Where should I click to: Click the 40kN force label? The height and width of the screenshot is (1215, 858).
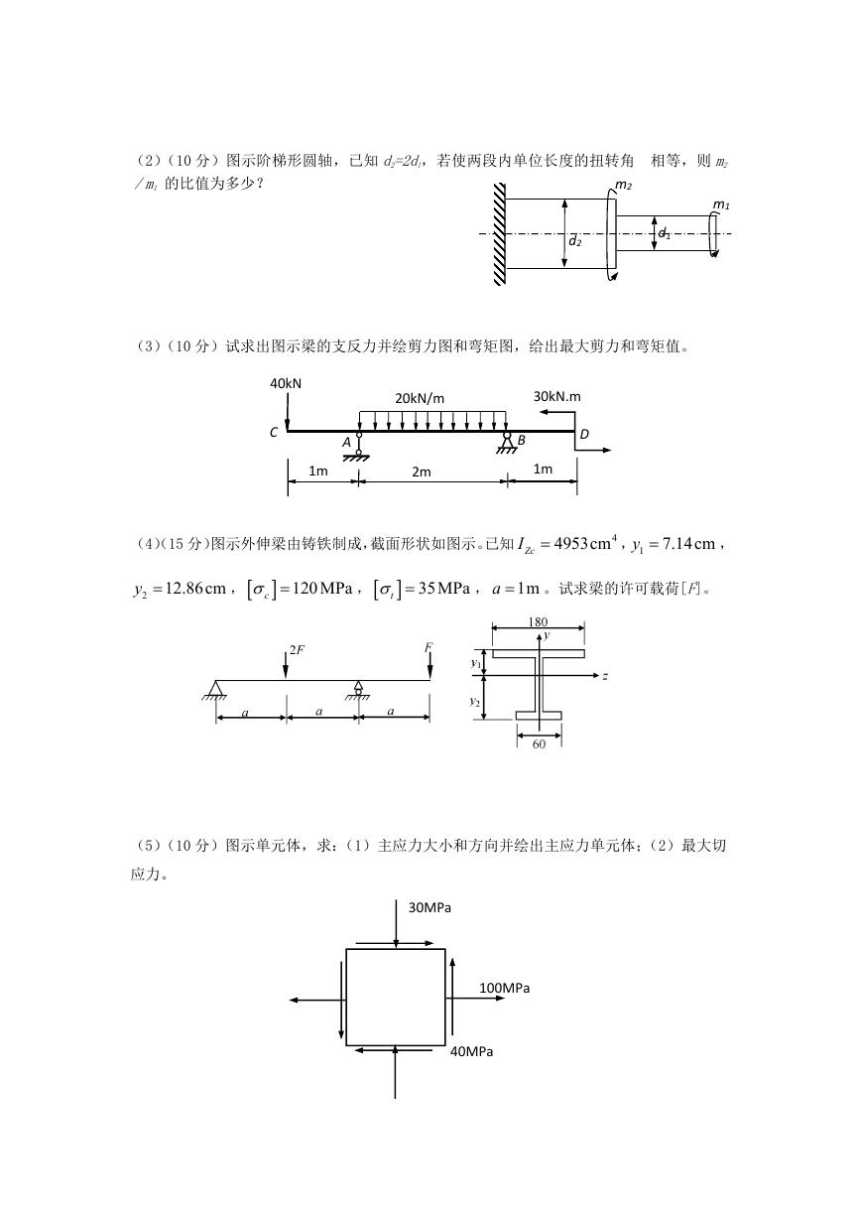286,383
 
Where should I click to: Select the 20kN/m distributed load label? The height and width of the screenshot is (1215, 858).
420,399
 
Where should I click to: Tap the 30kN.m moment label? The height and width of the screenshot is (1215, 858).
556,396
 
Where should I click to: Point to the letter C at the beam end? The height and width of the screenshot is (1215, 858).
274,433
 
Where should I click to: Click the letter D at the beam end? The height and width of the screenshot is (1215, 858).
584,434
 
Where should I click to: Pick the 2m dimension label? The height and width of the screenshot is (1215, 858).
422,472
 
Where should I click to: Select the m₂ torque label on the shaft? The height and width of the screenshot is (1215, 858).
624,186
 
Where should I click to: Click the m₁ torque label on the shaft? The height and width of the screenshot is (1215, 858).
721,205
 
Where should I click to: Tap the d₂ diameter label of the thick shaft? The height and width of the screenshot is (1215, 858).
575,241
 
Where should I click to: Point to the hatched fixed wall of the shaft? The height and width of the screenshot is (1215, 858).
500,234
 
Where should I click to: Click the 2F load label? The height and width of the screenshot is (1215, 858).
297,650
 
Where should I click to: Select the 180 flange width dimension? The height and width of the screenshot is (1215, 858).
539,621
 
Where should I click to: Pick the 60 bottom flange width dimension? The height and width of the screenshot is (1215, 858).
539,744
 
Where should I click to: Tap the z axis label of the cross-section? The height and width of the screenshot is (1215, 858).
605,676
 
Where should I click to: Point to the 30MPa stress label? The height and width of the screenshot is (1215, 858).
429,908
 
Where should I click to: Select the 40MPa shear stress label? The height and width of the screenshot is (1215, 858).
471,1052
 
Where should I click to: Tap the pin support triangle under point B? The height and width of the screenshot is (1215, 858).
507,445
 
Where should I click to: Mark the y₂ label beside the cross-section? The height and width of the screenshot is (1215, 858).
475,702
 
